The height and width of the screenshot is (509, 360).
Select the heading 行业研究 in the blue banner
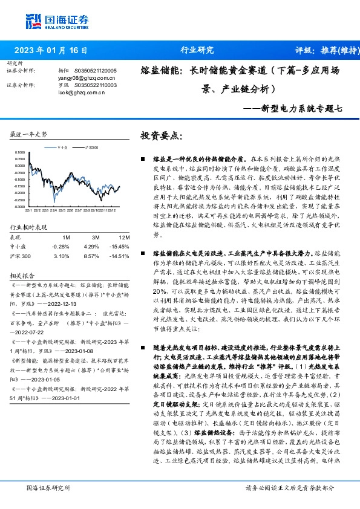tap(197, 50)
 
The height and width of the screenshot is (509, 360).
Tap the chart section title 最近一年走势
tap(29, 134)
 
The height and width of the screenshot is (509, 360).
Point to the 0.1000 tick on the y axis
tap(20, 152)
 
